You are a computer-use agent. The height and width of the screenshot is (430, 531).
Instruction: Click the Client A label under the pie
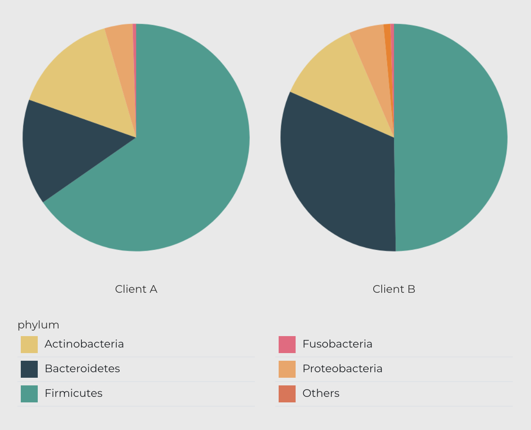pos(136,289)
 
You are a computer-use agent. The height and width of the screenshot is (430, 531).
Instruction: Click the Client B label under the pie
pos(394,289)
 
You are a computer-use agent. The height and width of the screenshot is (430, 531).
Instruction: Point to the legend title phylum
pos(38,325)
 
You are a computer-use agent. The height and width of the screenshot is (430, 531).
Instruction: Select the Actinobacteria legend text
pos(84,344)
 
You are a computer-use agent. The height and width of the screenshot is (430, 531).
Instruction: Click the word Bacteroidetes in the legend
pos(82,368)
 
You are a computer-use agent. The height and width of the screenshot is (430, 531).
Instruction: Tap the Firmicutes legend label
pos(73,393)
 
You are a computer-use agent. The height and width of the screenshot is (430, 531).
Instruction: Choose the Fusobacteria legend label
pos(337,344)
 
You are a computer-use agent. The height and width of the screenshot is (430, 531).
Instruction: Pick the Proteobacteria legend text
pos(342,368)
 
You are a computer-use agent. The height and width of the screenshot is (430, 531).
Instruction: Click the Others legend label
pos(321,393)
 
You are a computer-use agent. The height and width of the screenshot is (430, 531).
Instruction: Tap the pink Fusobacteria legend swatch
pos(287,344)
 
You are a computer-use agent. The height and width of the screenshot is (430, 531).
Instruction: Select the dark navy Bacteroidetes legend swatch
pos(29,369)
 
